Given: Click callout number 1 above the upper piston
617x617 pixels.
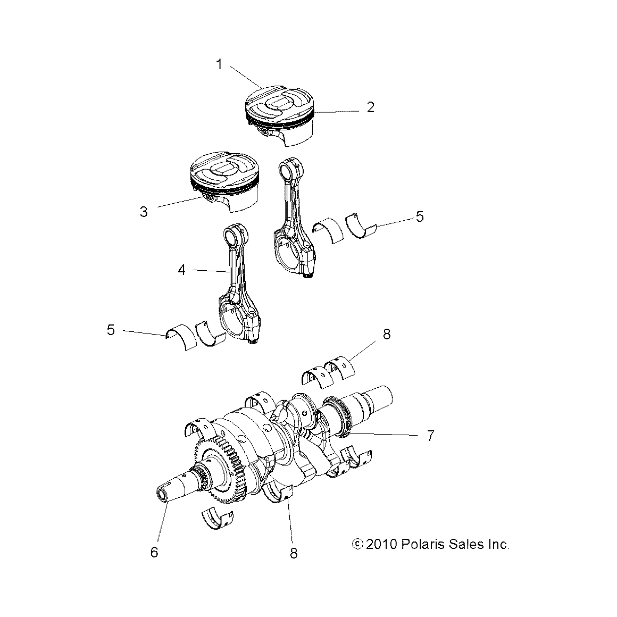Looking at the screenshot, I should click(219, 65).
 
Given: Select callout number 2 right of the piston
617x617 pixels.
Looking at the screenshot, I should click(371, 107).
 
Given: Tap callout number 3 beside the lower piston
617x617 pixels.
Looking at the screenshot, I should click(144, 212).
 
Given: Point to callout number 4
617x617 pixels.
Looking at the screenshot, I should click(182, 270).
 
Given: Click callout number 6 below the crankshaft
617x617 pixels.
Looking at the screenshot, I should click(154, 553).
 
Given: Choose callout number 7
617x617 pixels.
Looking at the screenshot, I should click(430, 436).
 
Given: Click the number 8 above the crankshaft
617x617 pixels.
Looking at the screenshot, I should click(387, 334).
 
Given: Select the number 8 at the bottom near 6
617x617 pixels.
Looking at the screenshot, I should click(294, 553).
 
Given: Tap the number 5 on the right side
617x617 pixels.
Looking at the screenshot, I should click(420, 216).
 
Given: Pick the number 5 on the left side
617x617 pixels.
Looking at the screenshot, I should click(111, 330).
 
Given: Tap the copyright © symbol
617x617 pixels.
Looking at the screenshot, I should click(357, 544).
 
